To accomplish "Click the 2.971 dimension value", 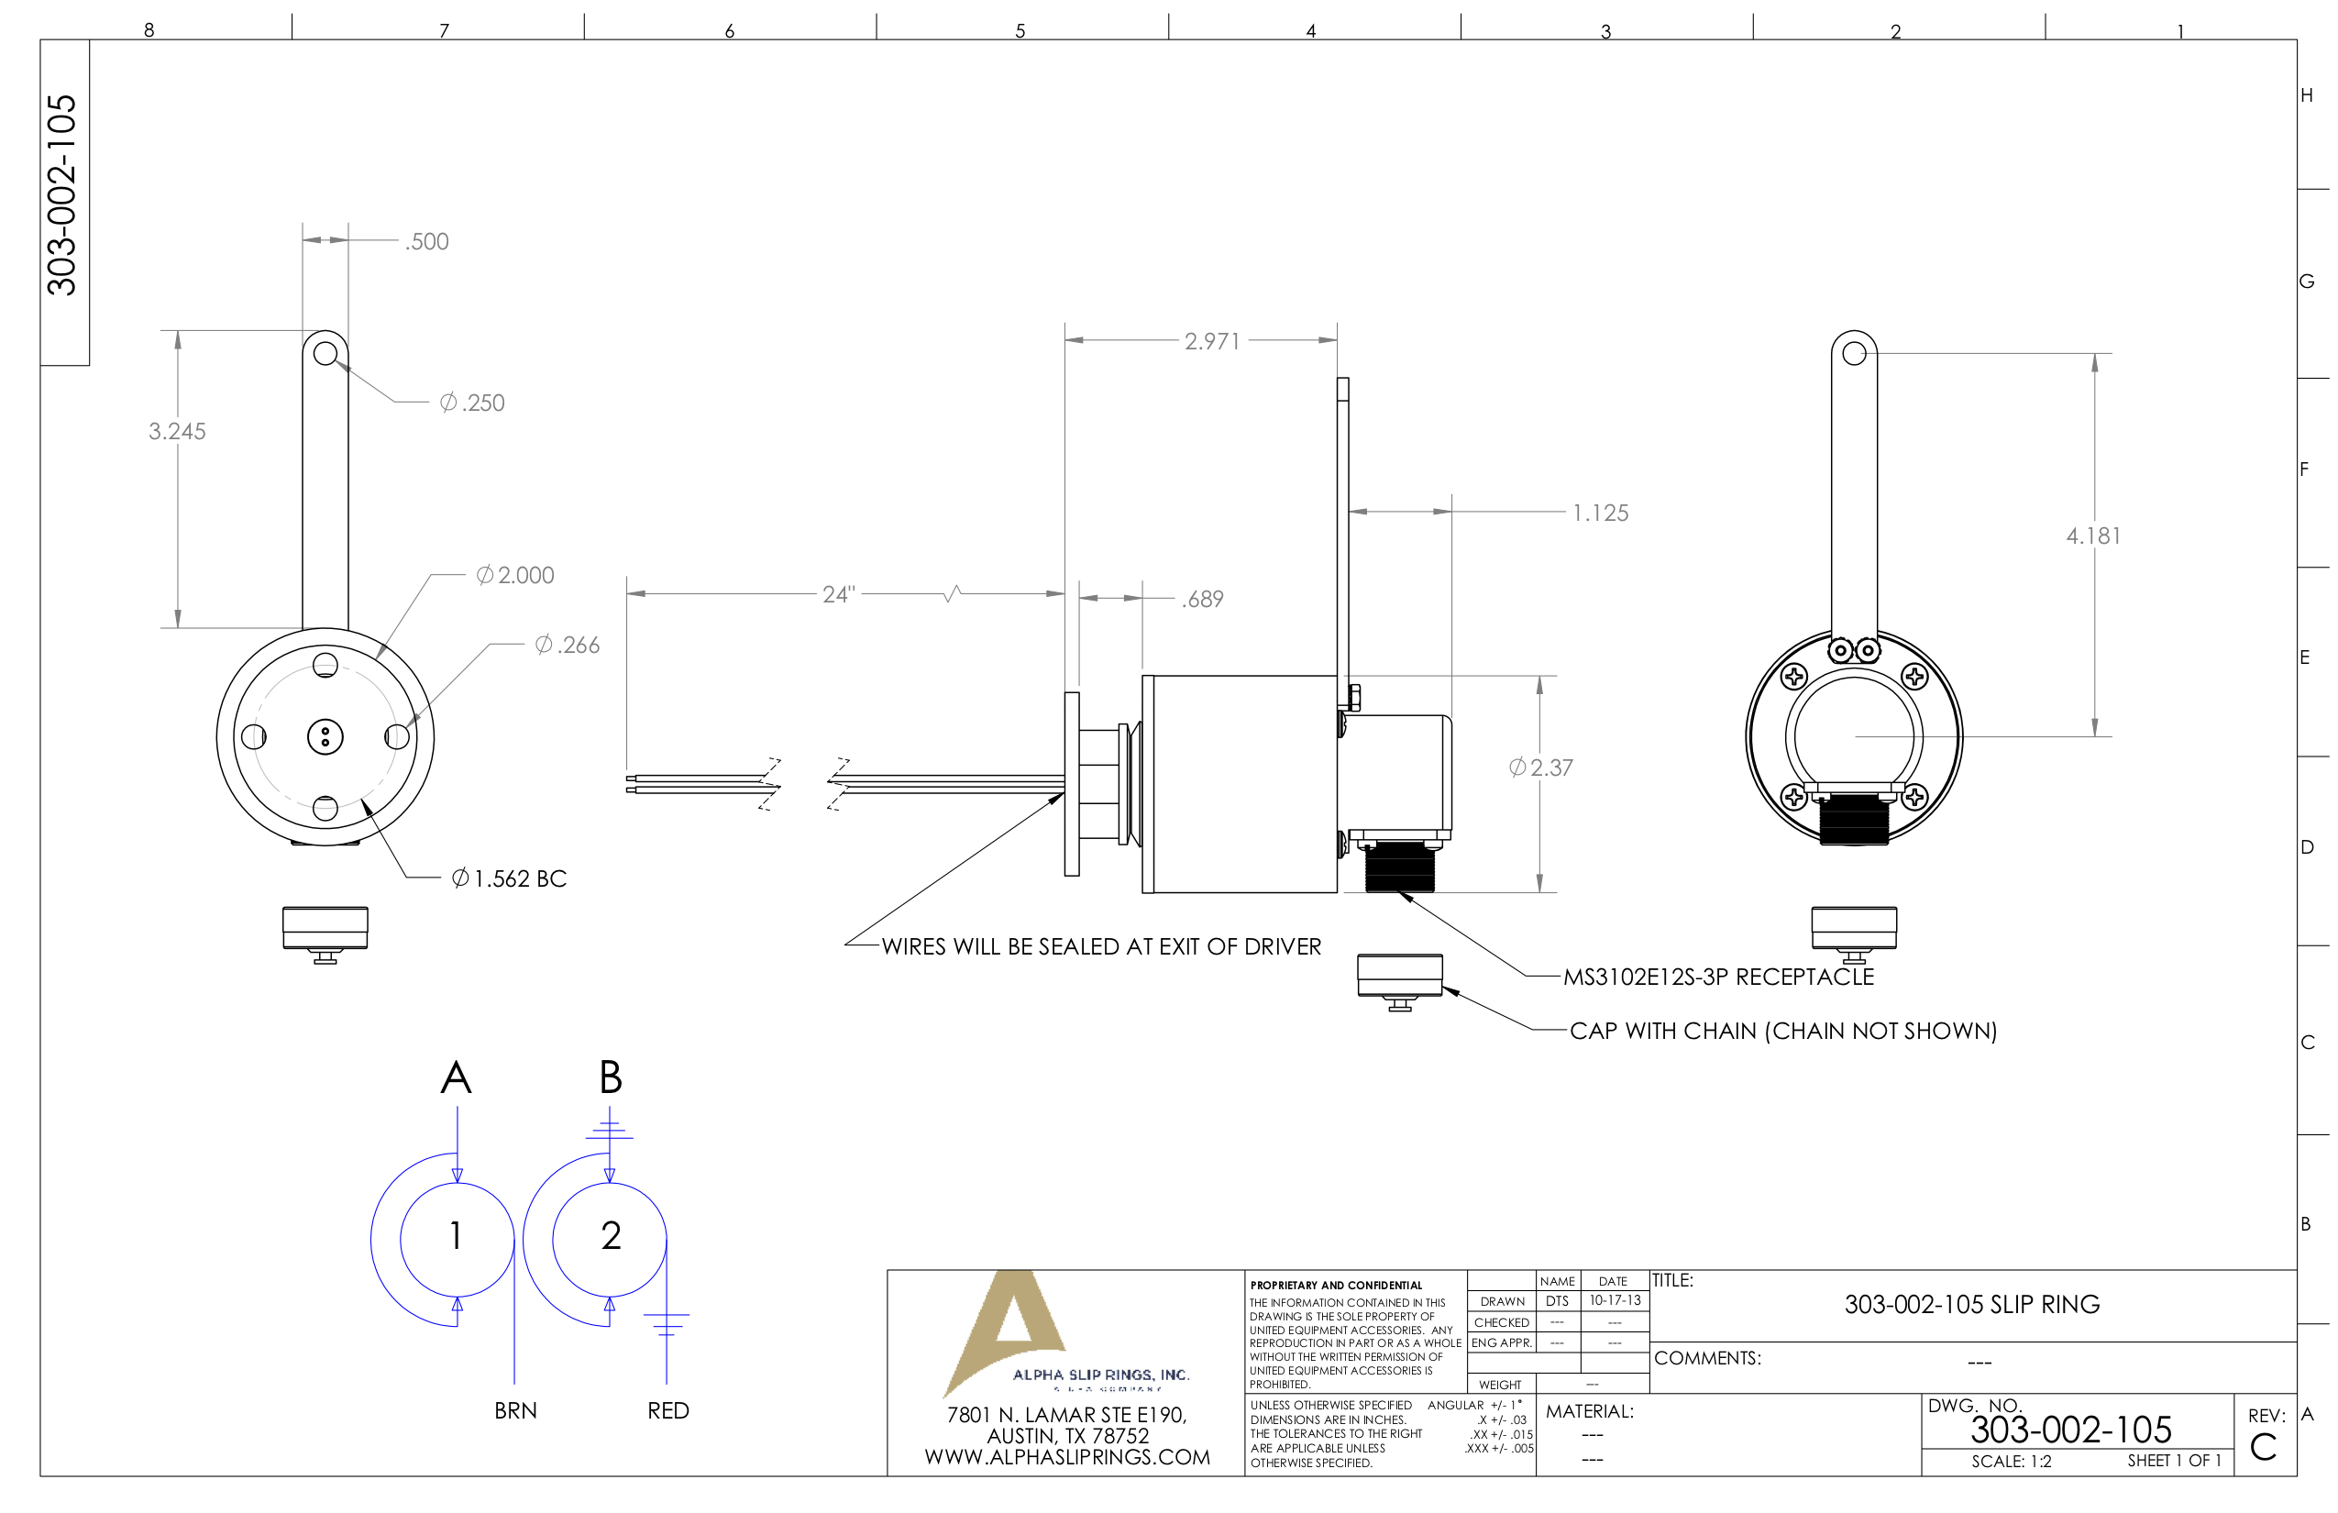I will [1212, 341].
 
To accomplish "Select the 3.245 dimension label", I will [177, 431].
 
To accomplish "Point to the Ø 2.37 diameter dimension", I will [1540, 768].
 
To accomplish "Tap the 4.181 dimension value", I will [2093, 536].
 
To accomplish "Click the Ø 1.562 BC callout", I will [509, 878].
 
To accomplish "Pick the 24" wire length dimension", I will [839, 594].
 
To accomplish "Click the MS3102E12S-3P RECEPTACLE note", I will [1718, 977].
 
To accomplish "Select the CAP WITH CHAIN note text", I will [1783, 1031].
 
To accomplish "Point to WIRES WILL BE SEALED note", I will [1100, 946].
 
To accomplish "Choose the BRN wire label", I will [515, 1411].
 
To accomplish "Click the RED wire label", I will [668, 1411].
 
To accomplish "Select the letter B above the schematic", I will [610, 1077].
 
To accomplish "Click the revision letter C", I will [2264, 1447].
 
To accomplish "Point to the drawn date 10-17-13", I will [1615, 1301].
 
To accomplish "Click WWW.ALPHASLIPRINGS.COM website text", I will [1067, 1457].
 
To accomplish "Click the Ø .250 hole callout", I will [472, 403].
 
